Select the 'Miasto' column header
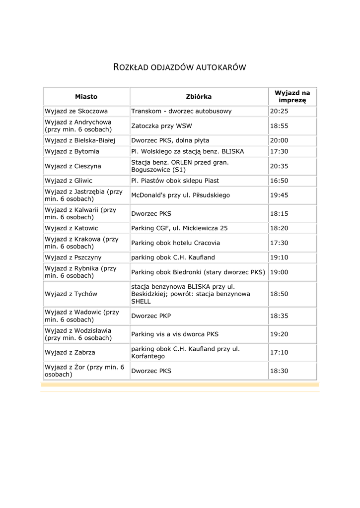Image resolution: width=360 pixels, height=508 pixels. [86, 97]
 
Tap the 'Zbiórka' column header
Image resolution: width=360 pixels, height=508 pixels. [199, 97]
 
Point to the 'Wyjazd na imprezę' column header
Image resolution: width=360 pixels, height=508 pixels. [292, 96]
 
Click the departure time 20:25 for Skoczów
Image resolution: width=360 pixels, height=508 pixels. [279, 111]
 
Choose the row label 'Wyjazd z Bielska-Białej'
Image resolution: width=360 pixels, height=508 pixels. [79, 140]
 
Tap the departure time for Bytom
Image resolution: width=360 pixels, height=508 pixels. [279, 151]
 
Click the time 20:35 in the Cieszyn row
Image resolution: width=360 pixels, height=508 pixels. [279, 166]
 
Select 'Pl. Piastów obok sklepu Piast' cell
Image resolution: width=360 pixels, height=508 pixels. [175, 181]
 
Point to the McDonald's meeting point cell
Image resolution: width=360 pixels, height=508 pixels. [181, 195]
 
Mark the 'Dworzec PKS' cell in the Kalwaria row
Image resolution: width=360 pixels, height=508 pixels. [151, 214]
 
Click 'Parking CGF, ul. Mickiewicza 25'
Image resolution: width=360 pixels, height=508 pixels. [179, 228]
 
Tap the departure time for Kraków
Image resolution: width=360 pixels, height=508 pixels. [279, 243]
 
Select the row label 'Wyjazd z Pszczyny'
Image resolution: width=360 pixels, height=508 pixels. [73, 257]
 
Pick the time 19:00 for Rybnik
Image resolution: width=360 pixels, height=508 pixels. [279, 272]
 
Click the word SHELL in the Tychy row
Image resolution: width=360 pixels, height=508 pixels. [141, 301]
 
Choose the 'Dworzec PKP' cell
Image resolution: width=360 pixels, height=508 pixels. [151, 316]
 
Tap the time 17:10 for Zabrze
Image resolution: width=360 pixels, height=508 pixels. [279, 353]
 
